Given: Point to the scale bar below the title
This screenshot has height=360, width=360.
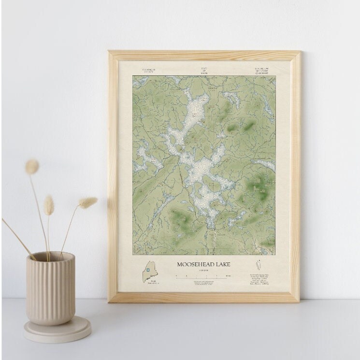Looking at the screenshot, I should tap(203, 276).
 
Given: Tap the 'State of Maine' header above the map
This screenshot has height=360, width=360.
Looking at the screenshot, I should tap(204, 71).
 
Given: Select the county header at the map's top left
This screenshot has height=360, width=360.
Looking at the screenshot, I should tap(149, 71).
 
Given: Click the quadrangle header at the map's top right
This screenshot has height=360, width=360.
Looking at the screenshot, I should tap(261, 71).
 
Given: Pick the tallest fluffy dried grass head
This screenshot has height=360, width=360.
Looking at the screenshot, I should tap(32, 167).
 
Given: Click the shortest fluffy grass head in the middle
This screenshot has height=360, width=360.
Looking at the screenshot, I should tap(49, 205).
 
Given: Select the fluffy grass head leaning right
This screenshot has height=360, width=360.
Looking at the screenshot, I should tap(88, 202).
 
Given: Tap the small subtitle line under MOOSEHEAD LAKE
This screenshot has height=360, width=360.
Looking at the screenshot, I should tap(203, 271).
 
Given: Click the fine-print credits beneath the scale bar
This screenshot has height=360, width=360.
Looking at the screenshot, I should tap(203, 282).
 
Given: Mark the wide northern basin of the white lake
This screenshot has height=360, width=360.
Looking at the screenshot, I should tap(196, 109).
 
